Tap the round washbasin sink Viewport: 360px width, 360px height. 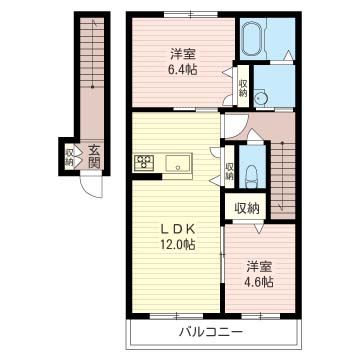click(259, 98)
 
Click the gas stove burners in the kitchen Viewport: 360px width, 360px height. click(144, 163)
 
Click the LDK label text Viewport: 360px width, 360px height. click(177, 230)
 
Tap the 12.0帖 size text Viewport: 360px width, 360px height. click(177, 246)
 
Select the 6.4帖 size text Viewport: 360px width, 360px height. click(183, 70)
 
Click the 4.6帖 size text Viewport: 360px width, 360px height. click(260, 282)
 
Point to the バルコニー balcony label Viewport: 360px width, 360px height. click(210, 332)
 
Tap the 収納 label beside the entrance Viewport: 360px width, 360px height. click(69, 157)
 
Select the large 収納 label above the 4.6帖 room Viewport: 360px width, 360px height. click(247, 209)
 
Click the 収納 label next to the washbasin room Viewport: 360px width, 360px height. click(243, 88)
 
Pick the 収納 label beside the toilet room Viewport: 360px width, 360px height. click(229, 171)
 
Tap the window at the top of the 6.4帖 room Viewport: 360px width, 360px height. click(191, 14)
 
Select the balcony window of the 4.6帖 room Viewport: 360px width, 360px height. click(261, 316)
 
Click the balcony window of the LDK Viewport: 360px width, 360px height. click(176, 316)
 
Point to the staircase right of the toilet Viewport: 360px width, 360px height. click(283, 180)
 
